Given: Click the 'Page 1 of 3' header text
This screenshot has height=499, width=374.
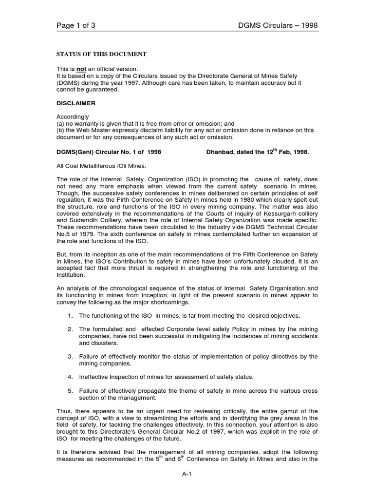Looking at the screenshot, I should (76, 26).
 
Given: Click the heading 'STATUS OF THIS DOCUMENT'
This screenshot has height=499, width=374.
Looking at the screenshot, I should (102, 54).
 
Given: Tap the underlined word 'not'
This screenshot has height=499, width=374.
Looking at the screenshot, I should (81, 69).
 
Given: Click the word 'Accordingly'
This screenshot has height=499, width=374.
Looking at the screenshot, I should (73, 117).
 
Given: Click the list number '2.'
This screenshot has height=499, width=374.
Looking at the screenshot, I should (70, 329).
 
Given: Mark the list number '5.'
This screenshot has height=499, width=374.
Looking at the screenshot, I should (70, 391).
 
